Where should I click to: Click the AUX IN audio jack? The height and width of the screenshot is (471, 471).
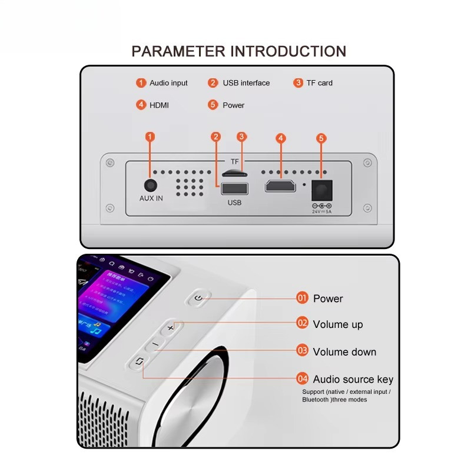point(151,185)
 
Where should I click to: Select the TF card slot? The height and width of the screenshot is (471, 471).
point(234,174)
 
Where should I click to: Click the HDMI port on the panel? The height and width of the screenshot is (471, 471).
point(281,186)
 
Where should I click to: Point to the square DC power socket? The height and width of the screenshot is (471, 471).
point(321,190)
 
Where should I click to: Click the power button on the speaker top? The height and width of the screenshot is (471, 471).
point(199,298)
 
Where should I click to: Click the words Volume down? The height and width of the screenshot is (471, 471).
point(344,352)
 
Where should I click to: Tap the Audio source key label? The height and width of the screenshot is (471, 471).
point(353,379)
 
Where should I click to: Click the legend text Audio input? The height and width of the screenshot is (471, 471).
point(168,83)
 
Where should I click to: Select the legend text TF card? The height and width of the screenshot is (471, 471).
point(319,83)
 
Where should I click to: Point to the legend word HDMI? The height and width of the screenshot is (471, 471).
point(159,105)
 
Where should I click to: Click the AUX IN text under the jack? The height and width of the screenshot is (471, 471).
point(151,198)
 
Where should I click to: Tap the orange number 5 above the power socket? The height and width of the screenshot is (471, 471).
point(321,138)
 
